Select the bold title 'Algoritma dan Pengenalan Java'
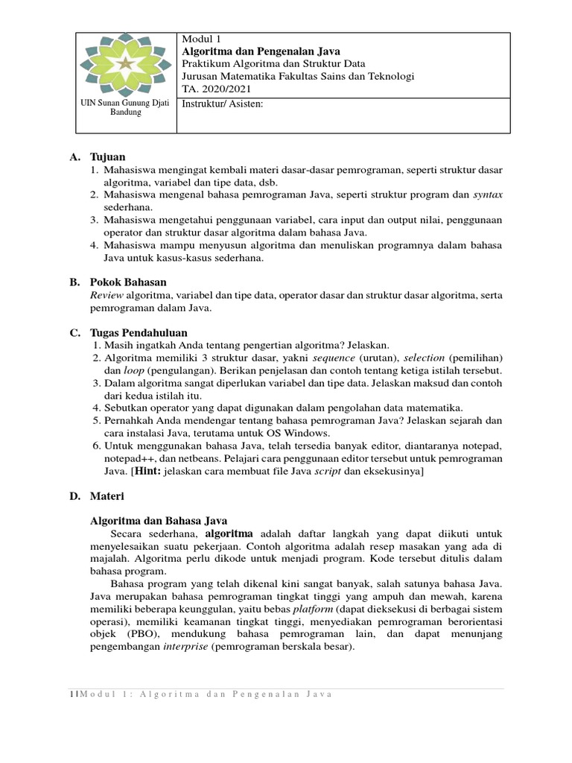click(x=261, y=51)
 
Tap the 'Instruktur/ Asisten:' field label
click(x=223, y=104)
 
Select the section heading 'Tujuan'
click(x=108, y=157)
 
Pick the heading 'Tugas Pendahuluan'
click(x=139, y=332)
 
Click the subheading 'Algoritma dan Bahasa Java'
click(x=159, y=521)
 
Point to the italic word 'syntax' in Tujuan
click(x=488, y=194)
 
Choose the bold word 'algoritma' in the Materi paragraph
click(x=229, y=534)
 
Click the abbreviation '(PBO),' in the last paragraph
click(x=144, y=634)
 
